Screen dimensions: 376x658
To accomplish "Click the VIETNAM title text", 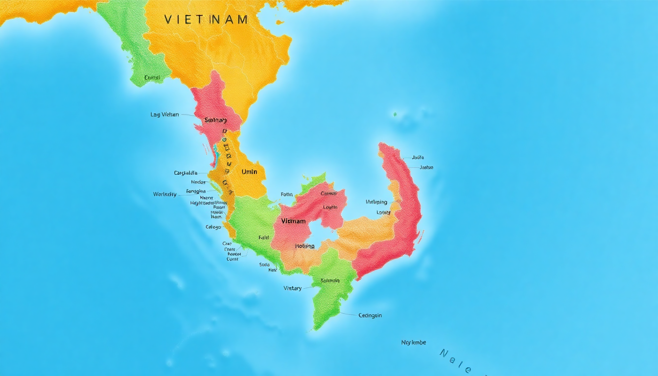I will (206, 20).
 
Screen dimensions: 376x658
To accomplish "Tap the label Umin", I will (249, 172).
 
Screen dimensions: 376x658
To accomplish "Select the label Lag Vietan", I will (164, 115).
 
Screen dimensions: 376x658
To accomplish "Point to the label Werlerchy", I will (164, 194).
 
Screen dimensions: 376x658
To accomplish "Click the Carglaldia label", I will (186, 173).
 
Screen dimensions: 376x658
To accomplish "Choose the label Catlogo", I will (213, 227).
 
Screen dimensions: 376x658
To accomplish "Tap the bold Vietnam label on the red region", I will (293, 221).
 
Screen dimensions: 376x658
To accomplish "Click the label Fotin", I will (286, 194).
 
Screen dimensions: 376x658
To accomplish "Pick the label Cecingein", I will (370, 315).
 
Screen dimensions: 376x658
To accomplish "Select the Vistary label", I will (292, 288).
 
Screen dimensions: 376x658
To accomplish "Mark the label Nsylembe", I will (414, 342).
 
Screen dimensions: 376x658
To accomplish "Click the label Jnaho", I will (426, 167).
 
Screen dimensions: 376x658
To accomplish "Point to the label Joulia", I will (418, 158).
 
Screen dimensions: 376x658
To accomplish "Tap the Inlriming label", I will (376, 202).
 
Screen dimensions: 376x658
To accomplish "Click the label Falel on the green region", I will (264, 237).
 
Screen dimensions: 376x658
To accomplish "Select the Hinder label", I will (199, 182).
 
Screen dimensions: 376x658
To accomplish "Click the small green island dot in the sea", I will (395, 115).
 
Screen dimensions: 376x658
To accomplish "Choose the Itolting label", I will (305, 246).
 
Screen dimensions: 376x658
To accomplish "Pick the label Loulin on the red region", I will (330, 207).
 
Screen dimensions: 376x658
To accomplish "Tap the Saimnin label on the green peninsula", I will (330, 281).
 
